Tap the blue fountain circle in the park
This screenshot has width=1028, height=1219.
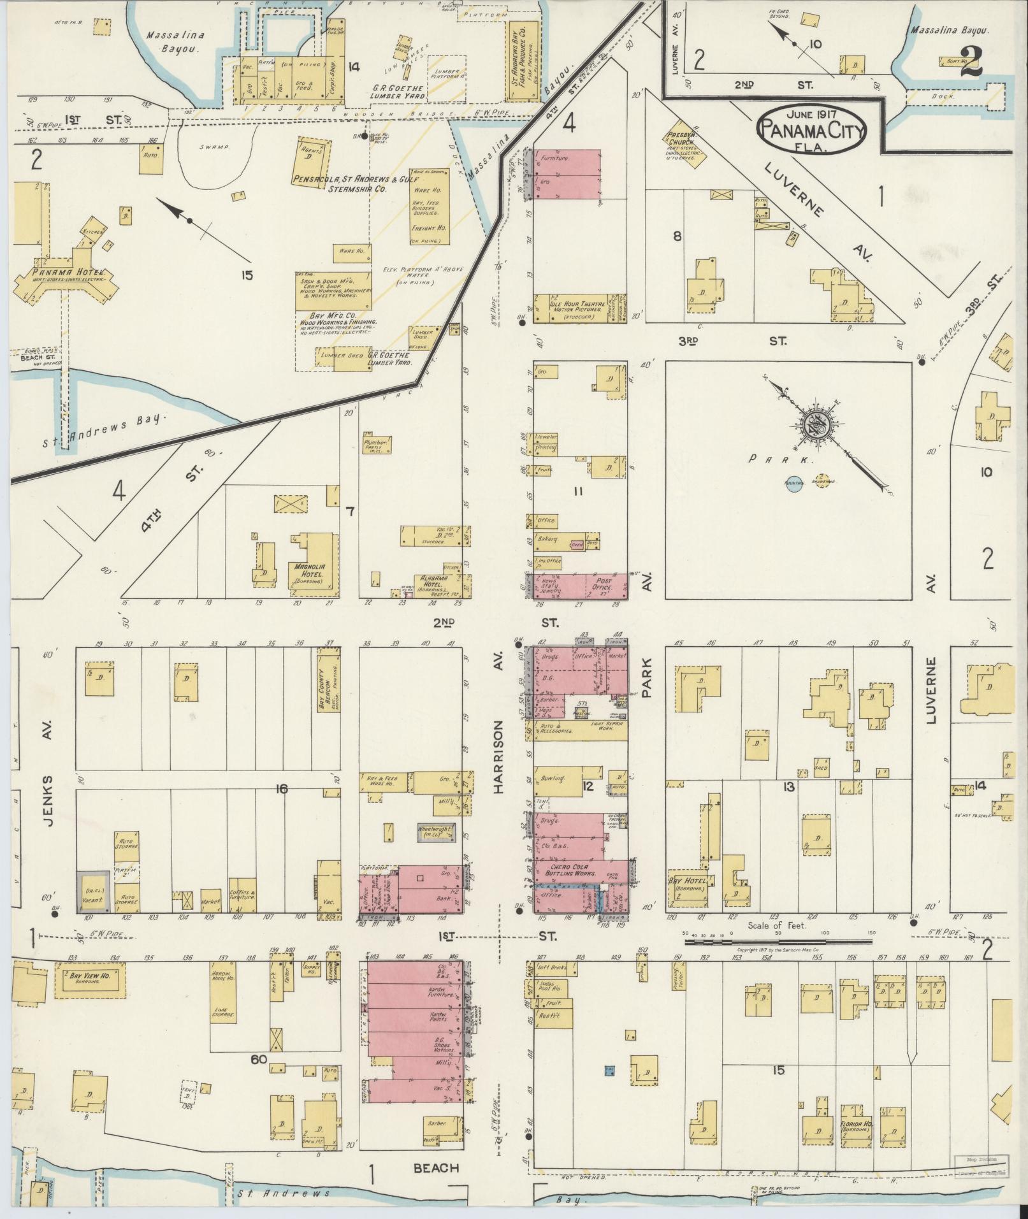793,483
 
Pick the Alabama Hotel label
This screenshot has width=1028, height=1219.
433,582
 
